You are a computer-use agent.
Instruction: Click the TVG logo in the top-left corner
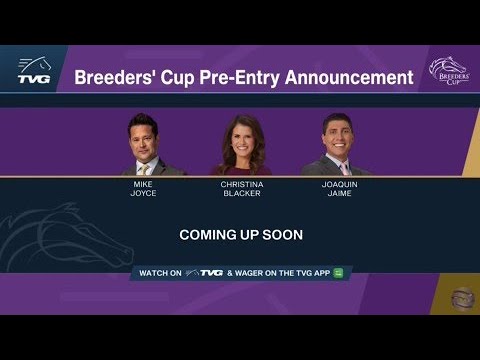pos(33,69)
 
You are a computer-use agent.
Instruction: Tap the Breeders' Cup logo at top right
pos(447,70)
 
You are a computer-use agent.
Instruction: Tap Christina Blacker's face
pos(241,138)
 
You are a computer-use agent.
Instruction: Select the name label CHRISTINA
pos(241,185)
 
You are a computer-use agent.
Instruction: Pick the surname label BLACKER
pos(241,194)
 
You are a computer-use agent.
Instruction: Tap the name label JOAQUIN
pos(337,185)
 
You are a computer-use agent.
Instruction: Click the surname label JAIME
pos(337,194)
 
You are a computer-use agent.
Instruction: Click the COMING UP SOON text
pos(241,235)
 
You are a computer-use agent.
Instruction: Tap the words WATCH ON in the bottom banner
pos(160,273)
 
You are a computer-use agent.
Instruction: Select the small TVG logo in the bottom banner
pos(209,273)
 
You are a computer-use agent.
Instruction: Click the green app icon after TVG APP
pos(339,273)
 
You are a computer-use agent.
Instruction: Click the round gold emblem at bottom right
pos(460,296)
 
